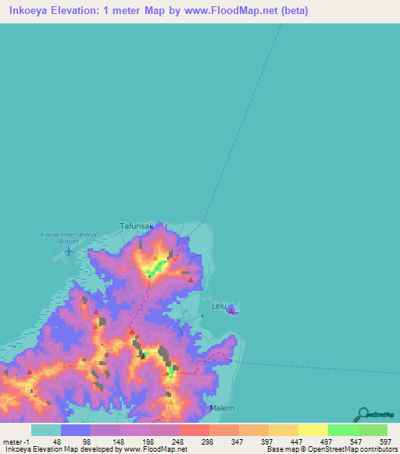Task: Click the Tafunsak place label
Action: (141, 226)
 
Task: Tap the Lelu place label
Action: (218, 307)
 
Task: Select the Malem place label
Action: (222, 407)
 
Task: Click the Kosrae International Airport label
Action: (68, 238)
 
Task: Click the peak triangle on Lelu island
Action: (231, 310)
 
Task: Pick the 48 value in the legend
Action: (57, 441)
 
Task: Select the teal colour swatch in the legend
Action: (46, 430)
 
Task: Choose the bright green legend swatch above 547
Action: (343, 430)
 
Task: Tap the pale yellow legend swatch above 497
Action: (313, 430)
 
